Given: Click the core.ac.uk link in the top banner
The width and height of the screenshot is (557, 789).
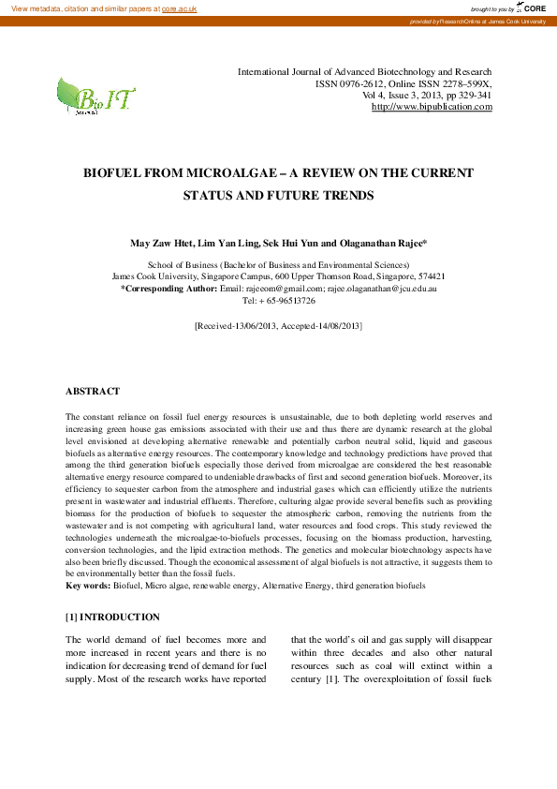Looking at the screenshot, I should pyautogui.click(x=179, y=8).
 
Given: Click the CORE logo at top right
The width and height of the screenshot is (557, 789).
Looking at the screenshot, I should pyautogui.click(x=532, y=7).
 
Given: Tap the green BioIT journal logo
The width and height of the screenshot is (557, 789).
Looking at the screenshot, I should pyautogui.click(x=95, y=97).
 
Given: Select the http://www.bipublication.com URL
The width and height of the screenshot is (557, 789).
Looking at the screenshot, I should pyautogui.click(x=432, y=108).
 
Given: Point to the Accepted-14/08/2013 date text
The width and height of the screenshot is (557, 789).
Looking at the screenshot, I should pyautogui.click(x=322, y=326).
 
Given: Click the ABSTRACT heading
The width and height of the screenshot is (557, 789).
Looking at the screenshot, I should pyautogui.click(x=93, y=391).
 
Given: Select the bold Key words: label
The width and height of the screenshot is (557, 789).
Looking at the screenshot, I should pyautogui.click(x=88, y=586).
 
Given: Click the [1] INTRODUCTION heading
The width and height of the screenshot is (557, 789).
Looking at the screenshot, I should pyautogui.click(x=112, y=618).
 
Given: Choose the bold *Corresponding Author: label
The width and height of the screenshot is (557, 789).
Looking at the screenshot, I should pyautogui.click(x=169, y=290).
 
